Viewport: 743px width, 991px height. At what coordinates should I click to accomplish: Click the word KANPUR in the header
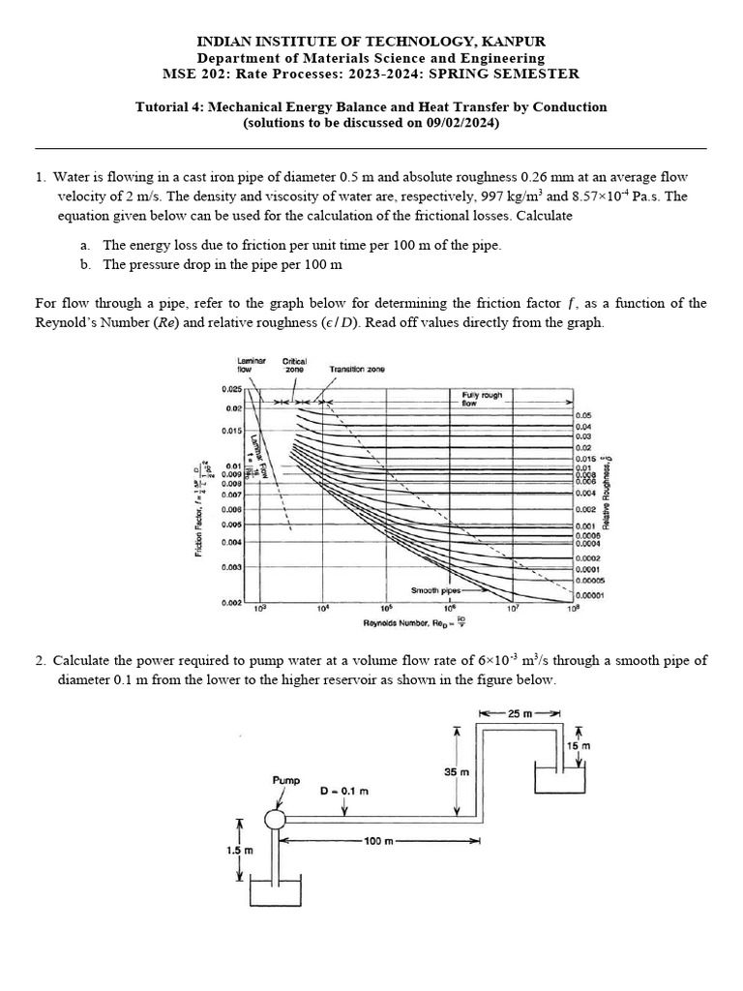pyautogui.click(x=510, y=41)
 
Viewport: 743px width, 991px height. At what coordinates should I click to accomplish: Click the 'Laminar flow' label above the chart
pyautogui.click(x=251, y=364)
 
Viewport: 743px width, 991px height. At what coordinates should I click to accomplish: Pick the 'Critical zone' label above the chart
pyautogui.click(x=294, y=364)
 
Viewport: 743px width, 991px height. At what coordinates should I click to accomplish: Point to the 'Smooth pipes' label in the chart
pyautogui.click(x=432, y=588)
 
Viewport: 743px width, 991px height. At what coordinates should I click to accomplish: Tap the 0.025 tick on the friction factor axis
pyautogui.click(x=228, y=389)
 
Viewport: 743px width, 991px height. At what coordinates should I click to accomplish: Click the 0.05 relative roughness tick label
pyautogui.click(x=582, y=414)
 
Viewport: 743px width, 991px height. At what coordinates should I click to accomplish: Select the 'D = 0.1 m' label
pyautogui.click(x=345, y=791)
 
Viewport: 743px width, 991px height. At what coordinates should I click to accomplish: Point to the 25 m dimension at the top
pyautogui.click(x=520, y=714)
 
